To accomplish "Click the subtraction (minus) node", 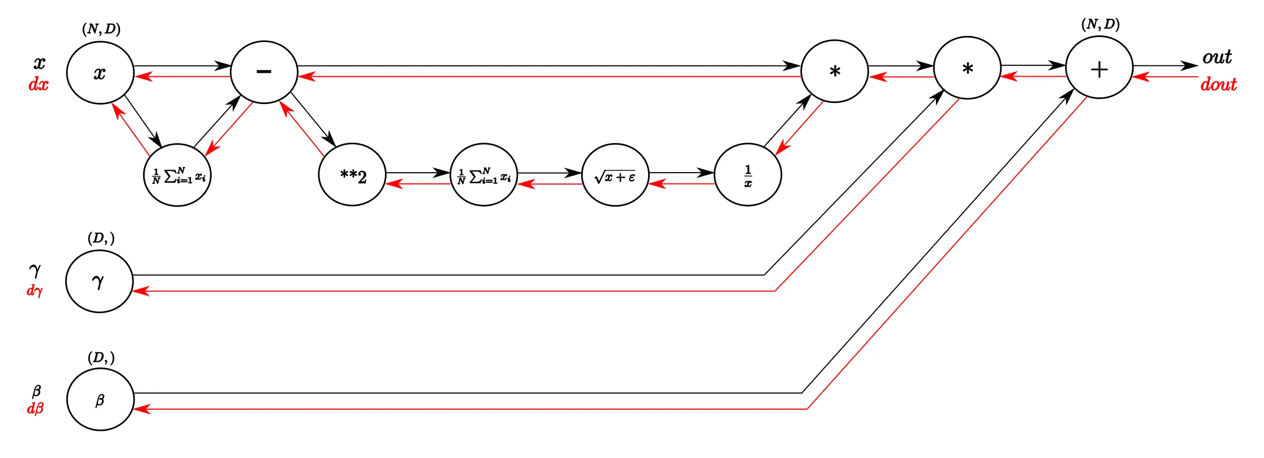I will tap(264, 72).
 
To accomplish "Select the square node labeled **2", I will tap(352, 175).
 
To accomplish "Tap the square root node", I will tap(615, 175).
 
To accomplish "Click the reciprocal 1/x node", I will tap(748, 175).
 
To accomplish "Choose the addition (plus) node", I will tap(1099, 68).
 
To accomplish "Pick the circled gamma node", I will tap(99, 281).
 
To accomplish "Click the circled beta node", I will tap(100, 400).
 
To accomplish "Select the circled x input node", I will tap(100, 72).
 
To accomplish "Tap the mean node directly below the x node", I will tap(177, 175).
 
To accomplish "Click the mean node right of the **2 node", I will tap(484, 175).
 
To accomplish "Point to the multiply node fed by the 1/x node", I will tap(835, 71).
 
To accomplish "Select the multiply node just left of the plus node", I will tap(967, 68).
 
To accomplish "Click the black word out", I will tap(1217, 57).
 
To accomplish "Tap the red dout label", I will tap(1218, 84).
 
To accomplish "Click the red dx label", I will tap(38, 84).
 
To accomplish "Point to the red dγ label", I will tap(35, 291).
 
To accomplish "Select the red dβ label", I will tap(35, 409).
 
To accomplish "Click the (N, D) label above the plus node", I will tap(1101, 25).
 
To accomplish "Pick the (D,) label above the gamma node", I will tap(101, 238).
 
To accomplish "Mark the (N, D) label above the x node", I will tap(101, 29).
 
